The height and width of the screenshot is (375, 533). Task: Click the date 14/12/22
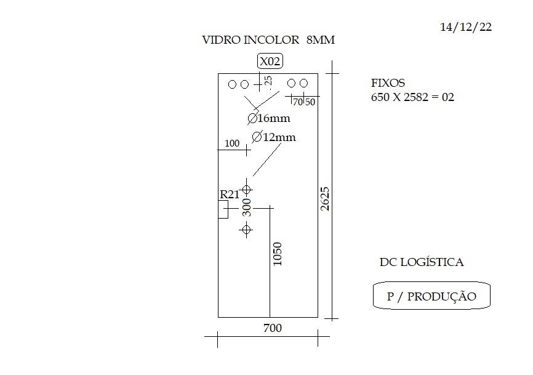pos(466,27)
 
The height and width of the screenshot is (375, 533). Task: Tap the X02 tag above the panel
pos(270,61)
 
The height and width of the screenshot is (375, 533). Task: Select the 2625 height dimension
pos(325,199)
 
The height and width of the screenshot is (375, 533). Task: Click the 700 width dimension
pos(273,328)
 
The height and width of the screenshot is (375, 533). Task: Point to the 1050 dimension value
pos(278,254)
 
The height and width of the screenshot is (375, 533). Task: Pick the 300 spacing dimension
pos(247,208)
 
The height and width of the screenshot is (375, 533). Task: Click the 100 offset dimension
pos(232,143)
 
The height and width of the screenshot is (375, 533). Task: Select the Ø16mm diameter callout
pos(269,118)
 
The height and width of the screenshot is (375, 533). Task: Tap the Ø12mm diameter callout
pos(274,137)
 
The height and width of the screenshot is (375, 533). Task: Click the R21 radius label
pos(230,195)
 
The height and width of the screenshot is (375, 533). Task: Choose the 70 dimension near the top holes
pos(298,102)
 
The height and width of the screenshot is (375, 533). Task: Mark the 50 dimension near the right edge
pos(310,102)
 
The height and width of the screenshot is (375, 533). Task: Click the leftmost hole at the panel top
pos(232,84)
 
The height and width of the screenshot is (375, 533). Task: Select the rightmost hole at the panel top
pos(304,83)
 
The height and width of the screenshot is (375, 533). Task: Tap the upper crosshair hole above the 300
pos(246,190)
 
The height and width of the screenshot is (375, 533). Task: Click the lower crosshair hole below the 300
pos(246,230)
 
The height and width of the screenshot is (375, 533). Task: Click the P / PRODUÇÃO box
pos(431,296)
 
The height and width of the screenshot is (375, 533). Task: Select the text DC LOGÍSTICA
pos(422,262)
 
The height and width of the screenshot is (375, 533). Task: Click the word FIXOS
pos(388,83)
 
